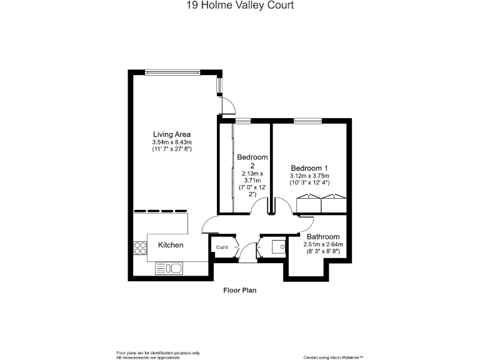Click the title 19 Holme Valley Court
click(240, 6)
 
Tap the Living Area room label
click(172, 134)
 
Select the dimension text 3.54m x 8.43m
click(172, 142)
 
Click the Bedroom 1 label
click(309, 168)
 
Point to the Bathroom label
click(322, 237)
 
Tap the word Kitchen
click(171, 245)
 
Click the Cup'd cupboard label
click(221, 247)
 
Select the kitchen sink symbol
click(169, 269)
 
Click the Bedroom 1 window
click(307, 120)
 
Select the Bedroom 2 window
click(243, 120)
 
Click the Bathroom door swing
click(306, 222)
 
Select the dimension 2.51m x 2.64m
click(322, 244)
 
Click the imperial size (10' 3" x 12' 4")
click(309, 182)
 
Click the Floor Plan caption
click(240, 290)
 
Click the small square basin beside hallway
click(278, 246)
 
